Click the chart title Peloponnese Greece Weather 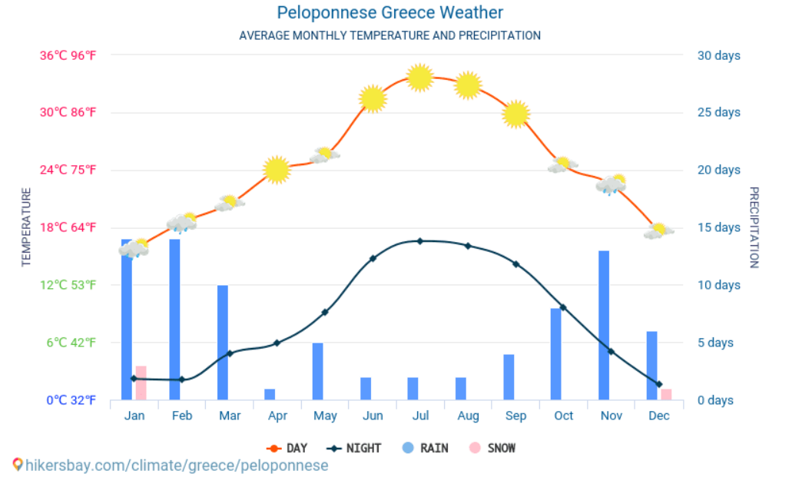coord(389,12)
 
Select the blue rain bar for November coord(604,325)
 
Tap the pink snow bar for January coord(141,383)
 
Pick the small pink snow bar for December coord(666,394)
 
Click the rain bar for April coord(270,394)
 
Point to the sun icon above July coord(420,78)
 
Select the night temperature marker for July coord(420,241)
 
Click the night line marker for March coord(230,353)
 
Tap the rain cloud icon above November coord(611,184)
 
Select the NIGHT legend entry coord(354,448)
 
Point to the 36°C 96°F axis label coord(68,55)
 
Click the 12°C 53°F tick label coord(68,285)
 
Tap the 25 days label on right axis coord(718,112)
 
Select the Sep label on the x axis coord(515,416)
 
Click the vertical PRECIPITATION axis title coord(754,227)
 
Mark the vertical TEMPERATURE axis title coord(26,227)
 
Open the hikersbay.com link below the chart coord(176,466)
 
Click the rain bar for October coord(556,353)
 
